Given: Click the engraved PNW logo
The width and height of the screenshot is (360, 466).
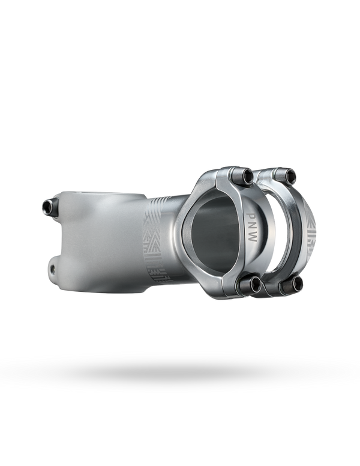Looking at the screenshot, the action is pos(252,226).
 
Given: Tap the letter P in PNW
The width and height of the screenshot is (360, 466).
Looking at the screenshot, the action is pos(252,215).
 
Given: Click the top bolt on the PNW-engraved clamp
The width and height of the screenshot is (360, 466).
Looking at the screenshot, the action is pos(242,176).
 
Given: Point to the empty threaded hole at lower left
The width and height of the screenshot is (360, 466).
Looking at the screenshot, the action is pos(53,268).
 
